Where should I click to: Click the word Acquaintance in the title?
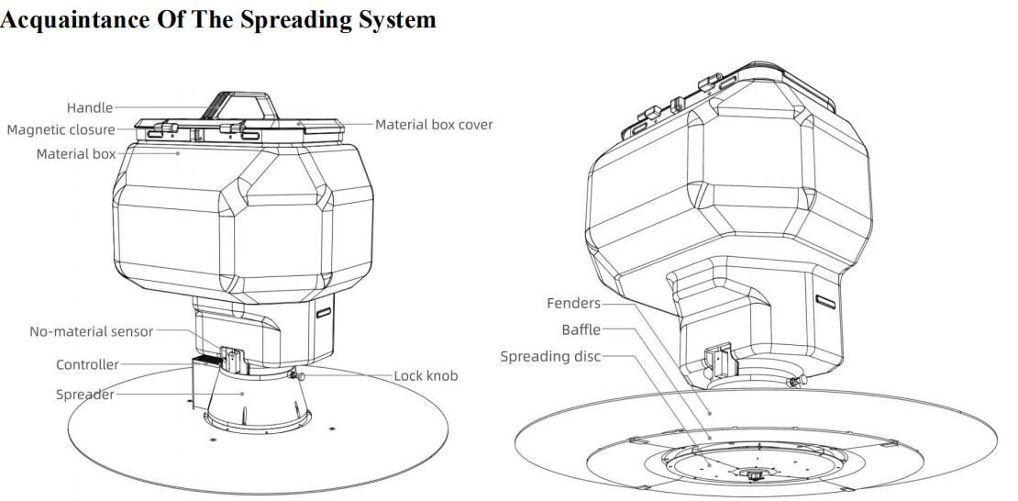74,19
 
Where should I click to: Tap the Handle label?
90,108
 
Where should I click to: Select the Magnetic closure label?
61,130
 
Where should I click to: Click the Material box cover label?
434,124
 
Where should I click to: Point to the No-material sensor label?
92,331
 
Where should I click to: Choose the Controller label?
88,364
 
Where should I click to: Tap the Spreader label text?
85,395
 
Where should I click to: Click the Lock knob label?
426,375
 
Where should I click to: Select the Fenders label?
573,304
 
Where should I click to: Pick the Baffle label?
581,330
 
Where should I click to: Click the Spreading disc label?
550,357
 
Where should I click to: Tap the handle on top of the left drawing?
239,106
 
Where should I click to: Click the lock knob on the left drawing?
297,375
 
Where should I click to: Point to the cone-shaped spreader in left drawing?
258,401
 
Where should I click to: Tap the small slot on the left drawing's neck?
324,312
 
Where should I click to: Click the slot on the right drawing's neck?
825,302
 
